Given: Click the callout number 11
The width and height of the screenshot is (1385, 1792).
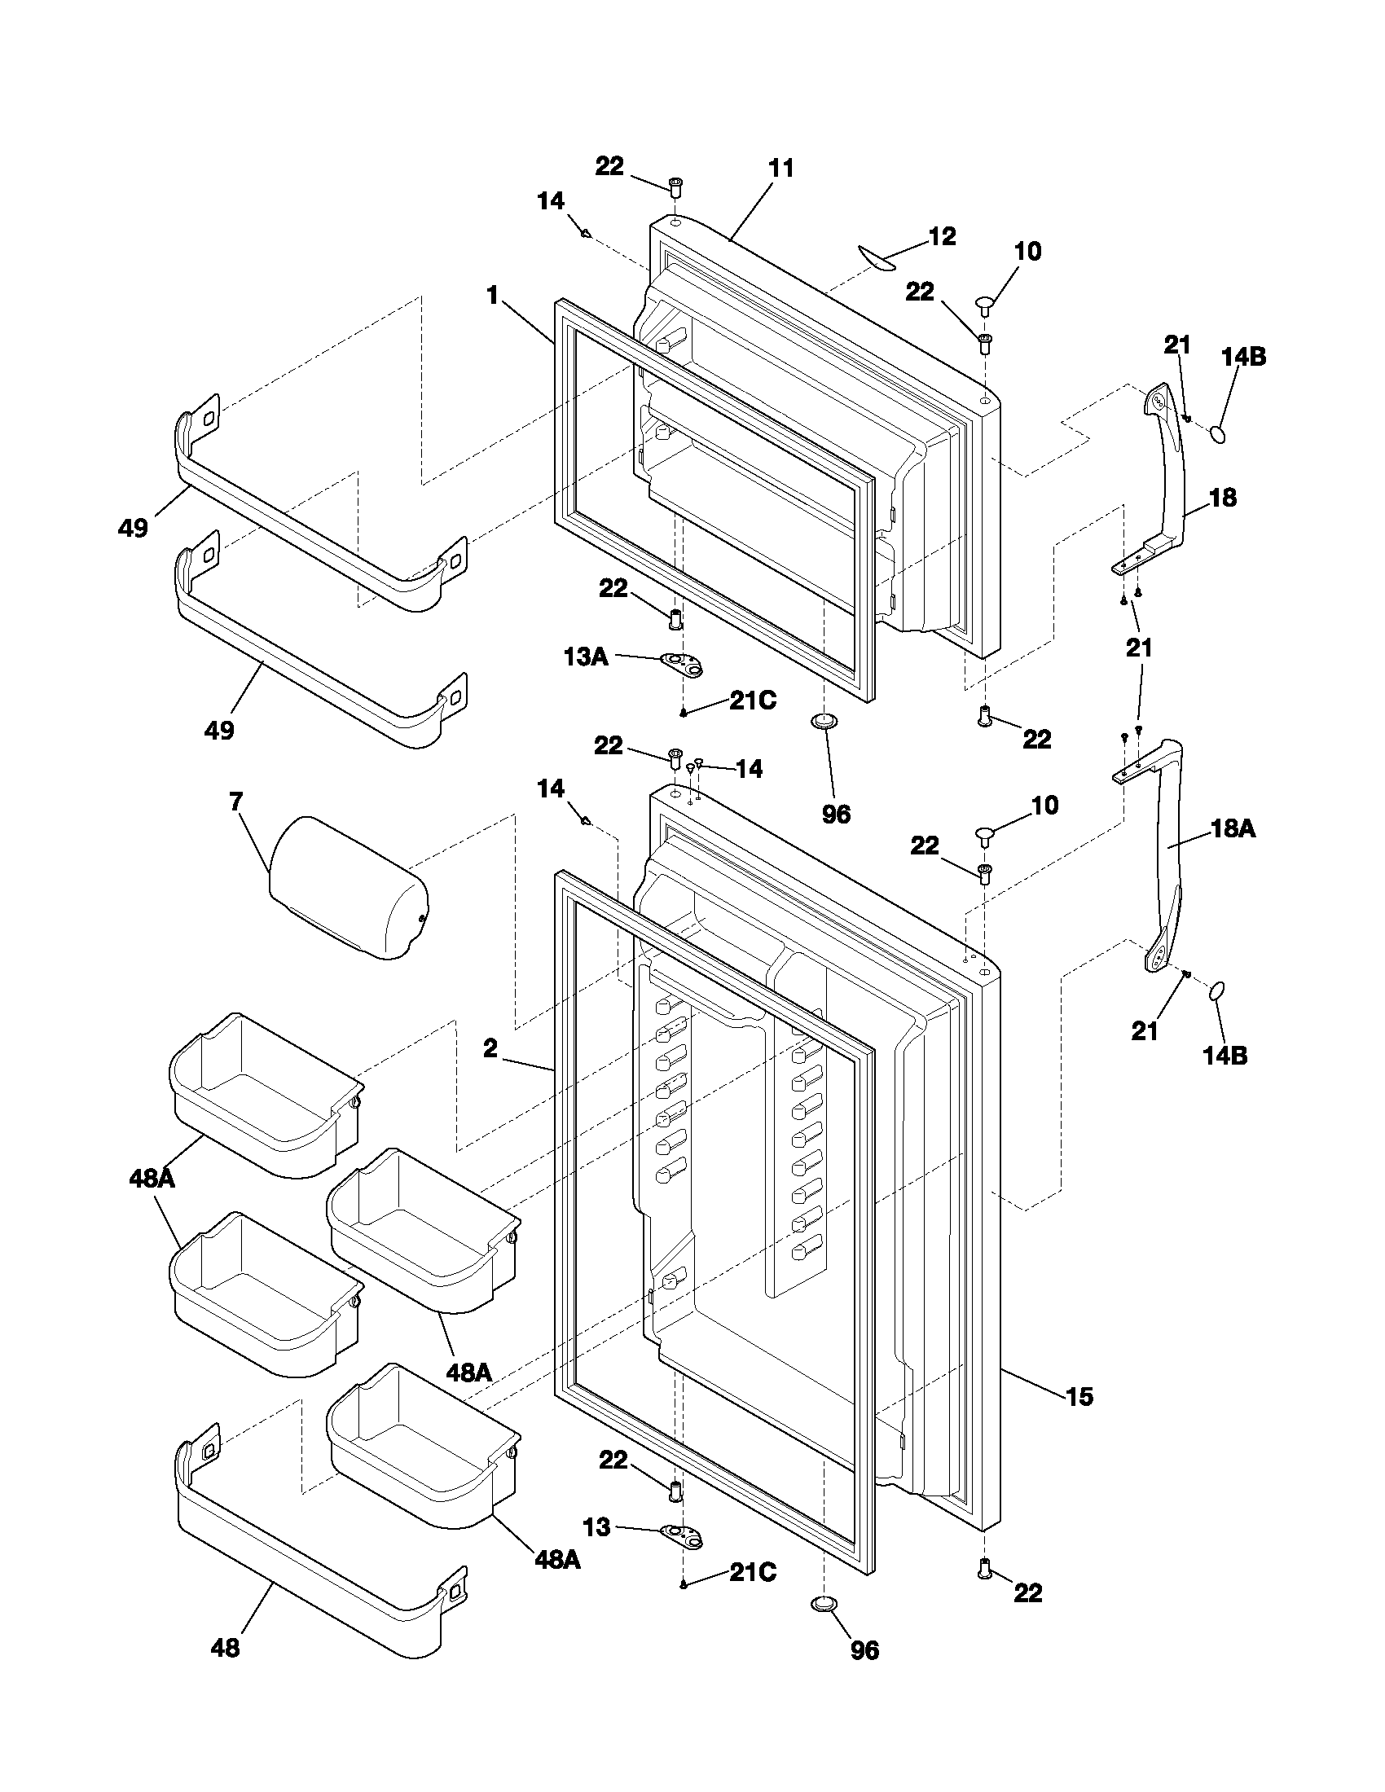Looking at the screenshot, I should pos(781,169).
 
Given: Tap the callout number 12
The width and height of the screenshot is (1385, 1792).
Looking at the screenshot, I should pos(942,237).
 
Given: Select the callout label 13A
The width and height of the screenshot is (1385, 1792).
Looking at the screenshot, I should pos(586,657).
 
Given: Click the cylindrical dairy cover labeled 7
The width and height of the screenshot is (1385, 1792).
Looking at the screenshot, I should pos(348,888).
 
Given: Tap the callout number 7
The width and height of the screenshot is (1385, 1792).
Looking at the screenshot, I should pos(236,802).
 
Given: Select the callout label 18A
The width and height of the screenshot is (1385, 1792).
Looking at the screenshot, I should pos(1233,829).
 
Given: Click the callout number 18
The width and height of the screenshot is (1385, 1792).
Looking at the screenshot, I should pos(1223,498).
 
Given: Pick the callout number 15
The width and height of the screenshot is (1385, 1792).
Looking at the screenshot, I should pos(1079,1396).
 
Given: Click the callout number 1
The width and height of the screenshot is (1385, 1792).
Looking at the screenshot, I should pos(492,296).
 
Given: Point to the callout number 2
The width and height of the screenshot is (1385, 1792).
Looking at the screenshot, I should pos(490,1048).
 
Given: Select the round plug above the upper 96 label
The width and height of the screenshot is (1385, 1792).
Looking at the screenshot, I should pos(823,721).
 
